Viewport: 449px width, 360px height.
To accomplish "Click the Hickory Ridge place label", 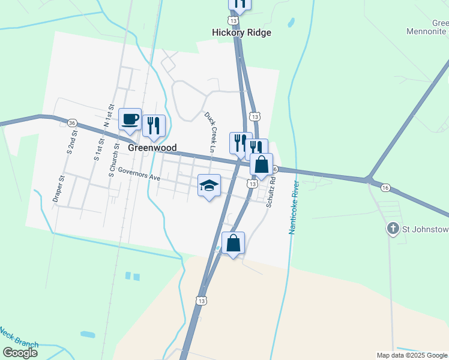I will pyautogui.click(x=242, y=32).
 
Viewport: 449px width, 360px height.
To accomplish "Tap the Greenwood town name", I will pyautogui.click(x=152, y=148).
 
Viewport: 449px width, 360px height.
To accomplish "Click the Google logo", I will pyautogui.click(x=20, y=353).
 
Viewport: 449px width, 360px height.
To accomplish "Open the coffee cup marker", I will pyautogui.click(x=130, y=119).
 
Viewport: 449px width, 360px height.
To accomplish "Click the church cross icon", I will pyautogui.click(x=393, y=228).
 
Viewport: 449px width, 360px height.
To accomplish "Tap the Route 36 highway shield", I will pyautogui.click(x=72, y=122).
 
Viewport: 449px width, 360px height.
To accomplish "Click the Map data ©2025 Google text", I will pyautogui.click(x=412, y=355).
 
